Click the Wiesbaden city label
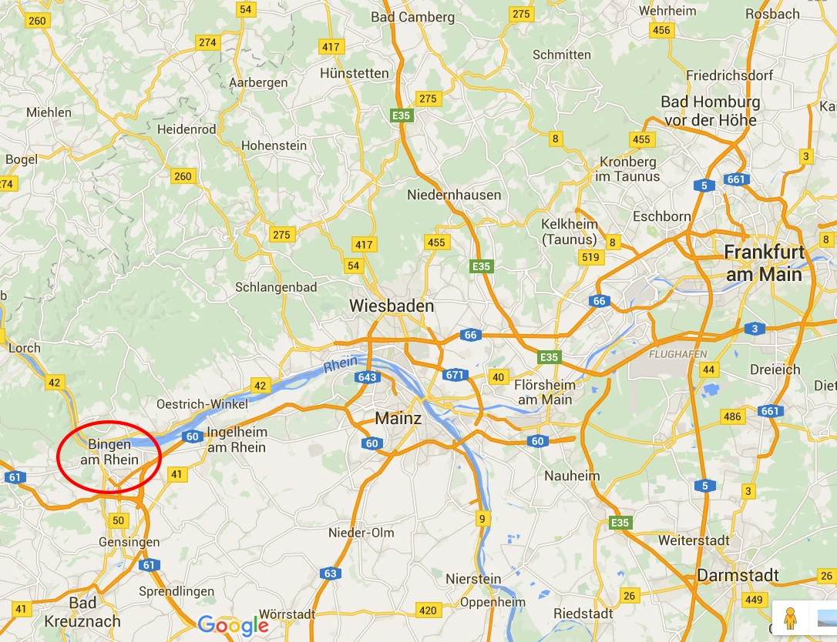[x=392, y=306]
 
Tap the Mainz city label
[x=398, y=419]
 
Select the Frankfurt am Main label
[x=763, y=263]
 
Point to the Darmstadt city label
[x=738, y=576]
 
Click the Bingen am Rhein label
[x=113, y=452]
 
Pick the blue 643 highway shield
[x=367, y=377]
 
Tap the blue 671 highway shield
[x=455, y=375]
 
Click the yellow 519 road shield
[x=590, y=257]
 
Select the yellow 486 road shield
[x=732, y=416]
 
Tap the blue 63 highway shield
[x=331, y=573]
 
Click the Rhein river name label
[x=341, y=363]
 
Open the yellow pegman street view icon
[x=788, y=617]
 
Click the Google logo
[x=234, y=625]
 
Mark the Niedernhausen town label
[x=454, y=195]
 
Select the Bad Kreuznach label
[x=82, y=611]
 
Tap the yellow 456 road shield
[x=661, y=30]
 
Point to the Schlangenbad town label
[x=275, y=287]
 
